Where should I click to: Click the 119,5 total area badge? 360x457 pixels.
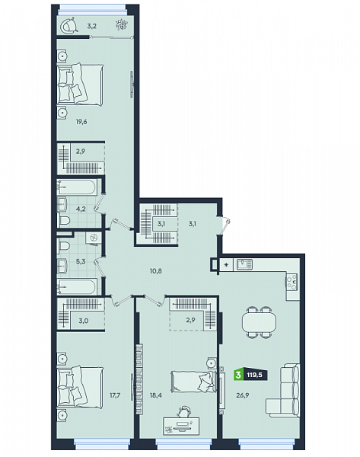click(x=254, y=375)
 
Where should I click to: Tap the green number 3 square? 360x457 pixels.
click(x=238, y=375)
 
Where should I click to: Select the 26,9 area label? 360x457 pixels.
click(x=242, y=395)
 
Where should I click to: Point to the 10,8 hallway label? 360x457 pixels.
click(x=156, y=270)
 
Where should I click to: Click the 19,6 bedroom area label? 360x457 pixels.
click(x=81, y=122)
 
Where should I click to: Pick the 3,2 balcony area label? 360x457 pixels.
click(x=91, y=26)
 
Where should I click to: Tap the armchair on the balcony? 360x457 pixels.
click(x=69, y=25)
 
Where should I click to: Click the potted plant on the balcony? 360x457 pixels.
click(x=121, y=24)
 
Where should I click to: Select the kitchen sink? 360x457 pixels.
click(x=244, y=264)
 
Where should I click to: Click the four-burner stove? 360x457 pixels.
click(x=292, y=282)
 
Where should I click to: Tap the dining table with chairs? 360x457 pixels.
click(x=259, y=322)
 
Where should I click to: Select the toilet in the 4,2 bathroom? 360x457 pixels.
click(x=63, y=220)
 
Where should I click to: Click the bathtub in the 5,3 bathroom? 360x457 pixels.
click(x=77, y=286)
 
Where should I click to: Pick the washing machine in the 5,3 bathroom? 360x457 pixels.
click(x=94, y=238)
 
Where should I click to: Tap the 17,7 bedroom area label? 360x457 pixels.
click(x=115, y=395)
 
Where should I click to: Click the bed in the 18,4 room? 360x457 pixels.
click(x=193, y=382)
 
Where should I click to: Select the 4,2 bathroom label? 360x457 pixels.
click(x=81, y=209)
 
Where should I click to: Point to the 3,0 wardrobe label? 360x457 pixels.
click(x=83, y=321)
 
